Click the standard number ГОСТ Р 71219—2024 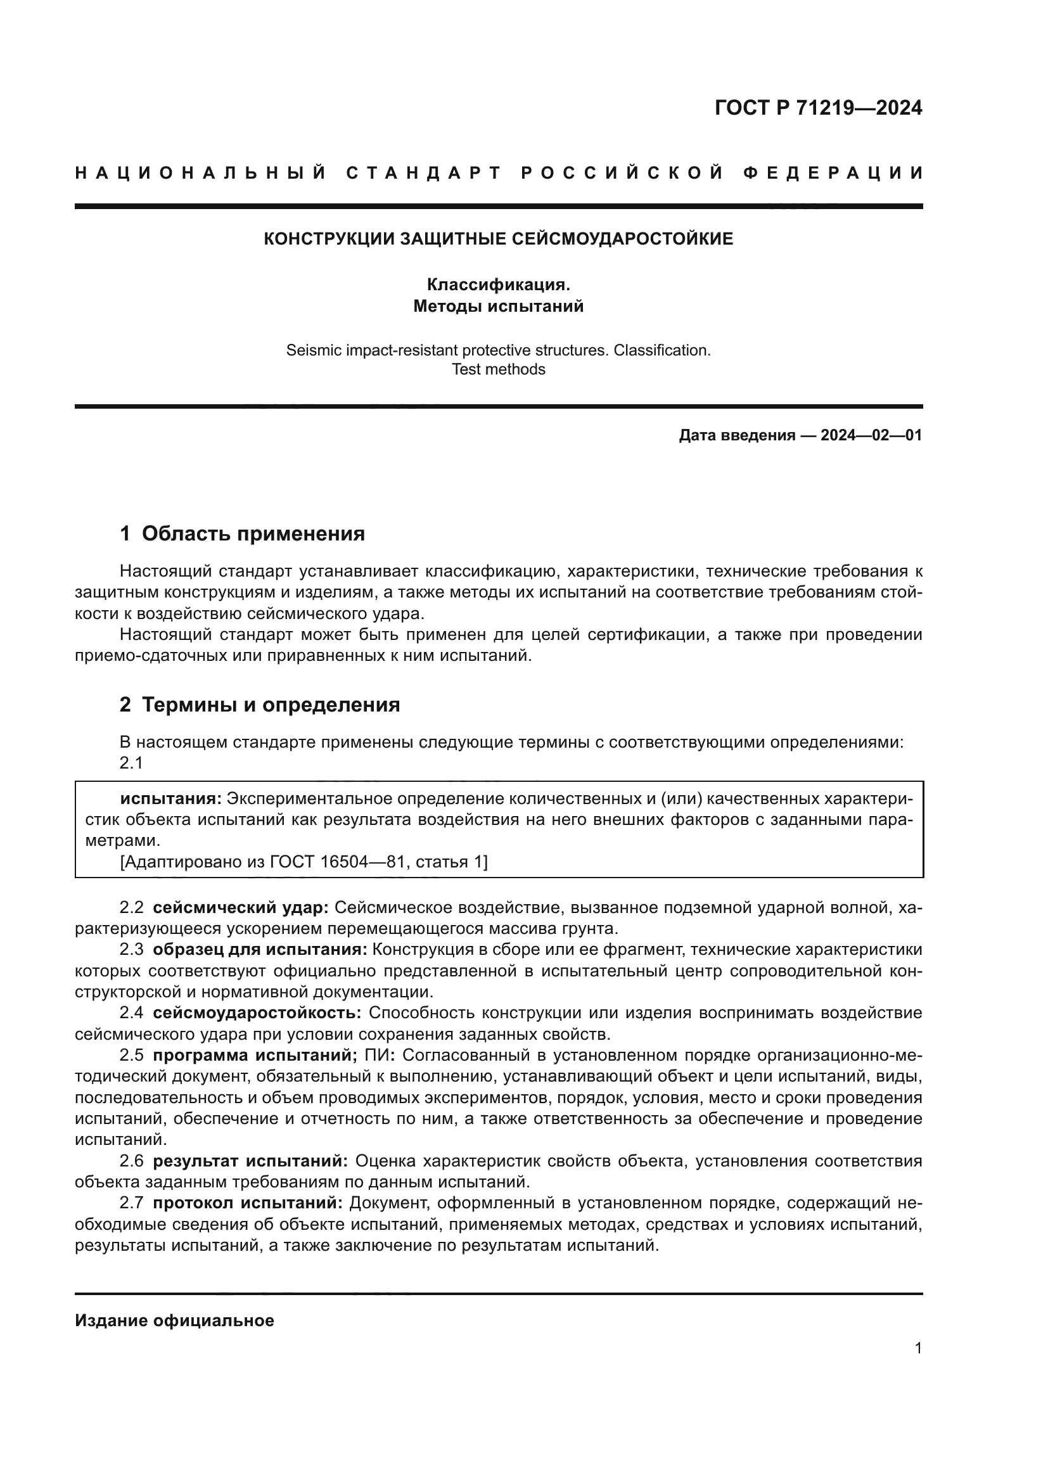818,108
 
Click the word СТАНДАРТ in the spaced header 424,173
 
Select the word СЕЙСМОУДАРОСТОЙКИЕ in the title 622,239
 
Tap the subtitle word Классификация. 498,284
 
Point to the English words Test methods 498,369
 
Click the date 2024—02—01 871,435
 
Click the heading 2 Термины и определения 259,705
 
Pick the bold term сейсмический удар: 241,908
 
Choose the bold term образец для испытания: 260,950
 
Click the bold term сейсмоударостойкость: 257,1012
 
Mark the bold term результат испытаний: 250,1161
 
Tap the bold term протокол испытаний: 248,1203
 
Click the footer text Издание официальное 174,1320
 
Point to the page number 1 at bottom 917,1348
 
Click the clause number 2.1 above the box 131,763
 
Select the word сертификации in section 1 645,634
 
